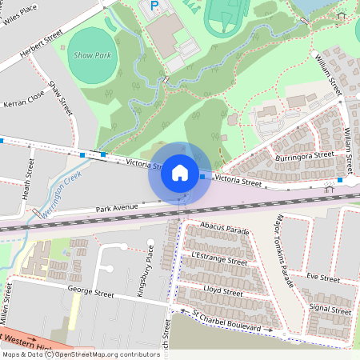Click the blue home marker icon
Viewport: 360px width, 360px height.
(x=180, y=172)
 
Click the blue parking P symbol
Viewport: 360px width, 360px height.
(x=154, y=6)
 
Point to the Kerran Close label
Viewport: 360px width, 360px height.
(x=24, y=104)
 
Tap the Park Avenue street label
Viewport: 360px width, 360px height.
(x=117, y=207)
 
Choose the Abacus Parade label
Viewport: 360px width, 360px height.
(x=226, y=230)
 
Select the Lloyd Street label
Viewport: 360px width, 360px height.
(x=223, y=290)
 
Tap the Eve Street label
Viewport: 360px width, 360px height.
(x=323, y=278)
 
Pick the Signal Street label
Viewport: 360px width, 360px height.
(x=330, y=310)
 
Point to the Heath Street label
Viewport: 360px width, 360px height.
(x=29, y=179)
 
